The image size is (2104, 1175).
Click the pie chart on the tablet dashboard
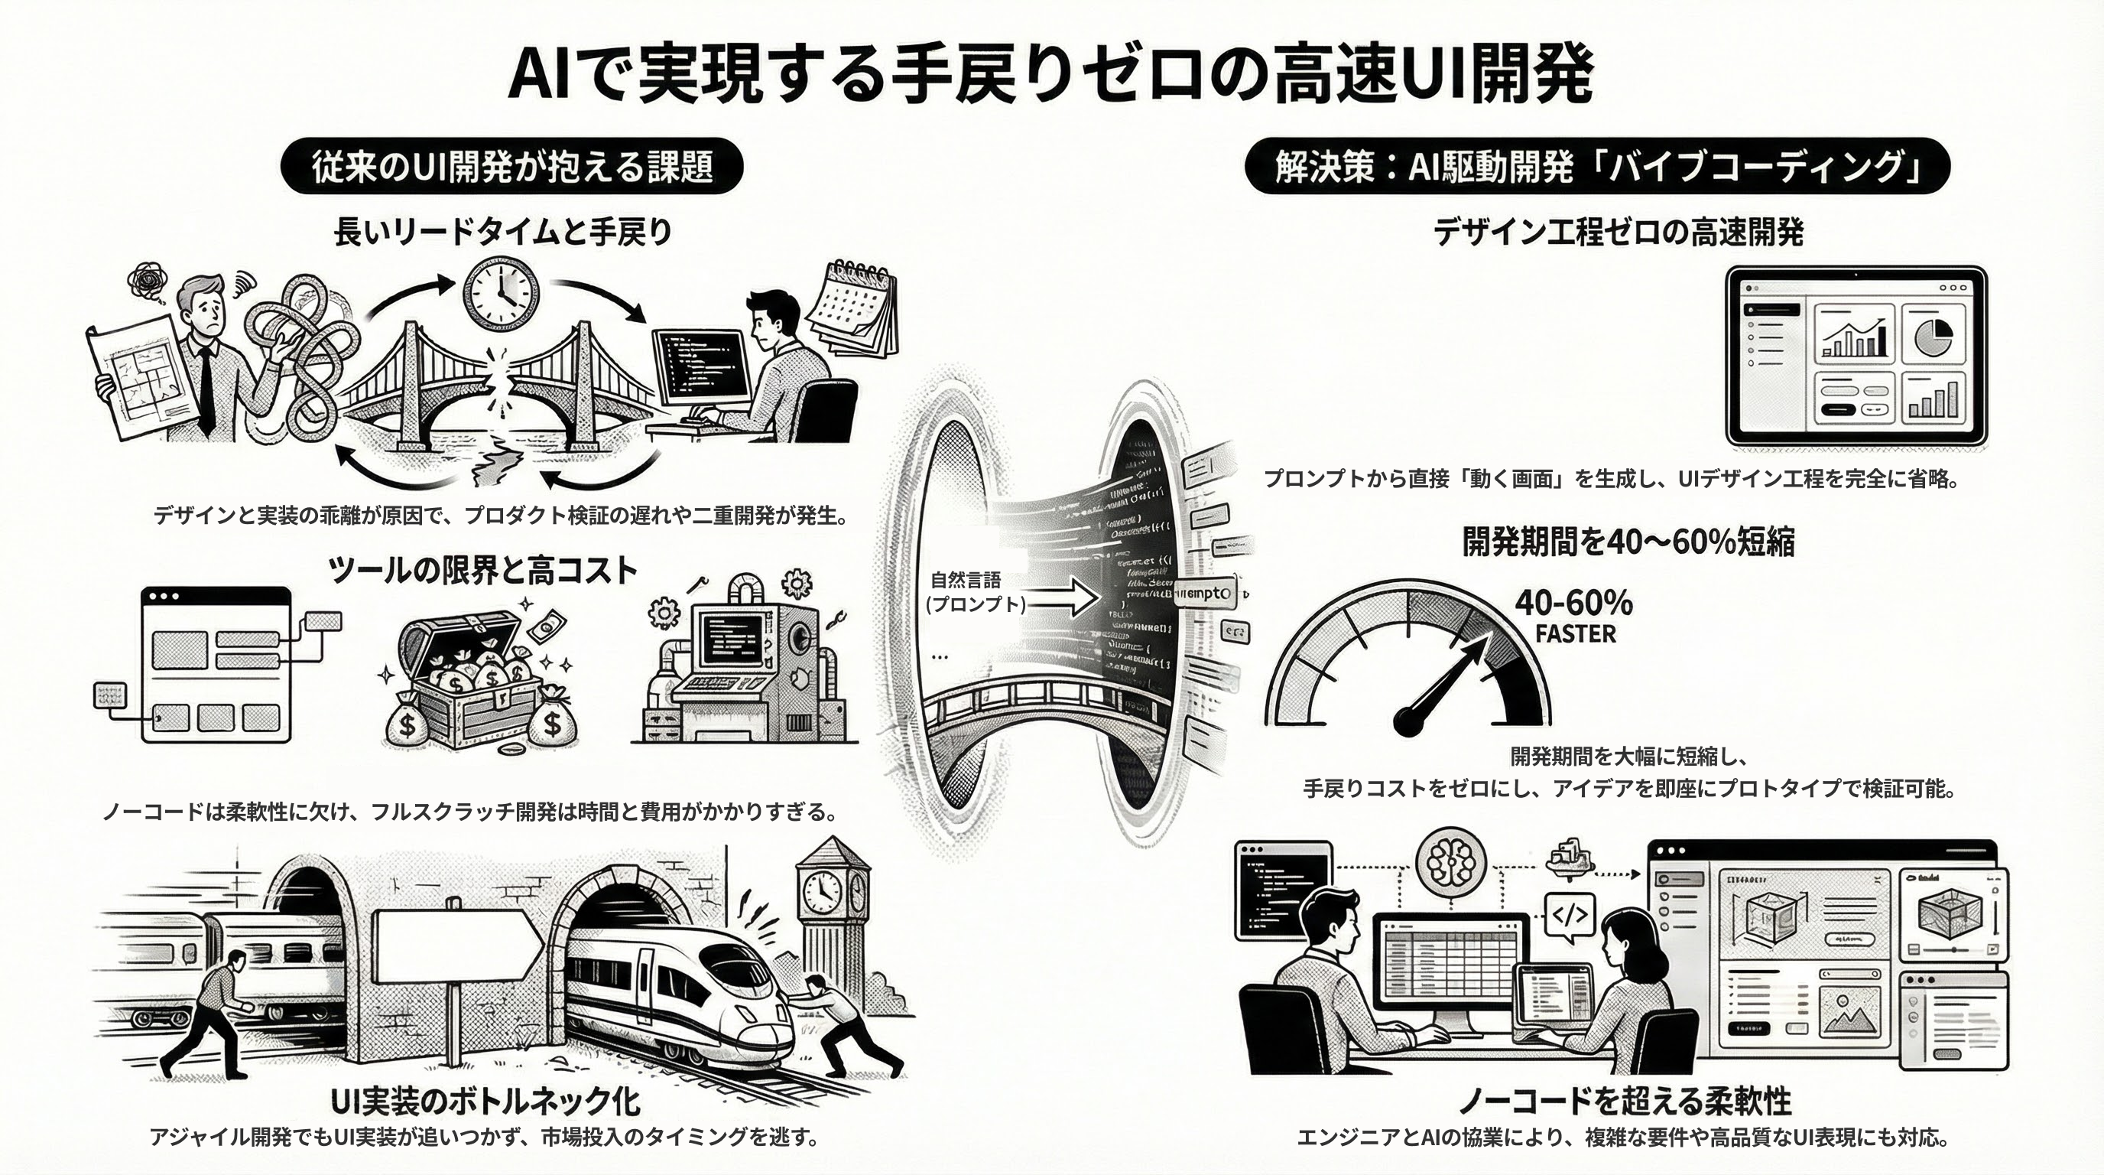[x=1932, y=334]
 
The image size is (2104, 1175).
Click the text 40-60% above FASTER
[x=1573, y=604]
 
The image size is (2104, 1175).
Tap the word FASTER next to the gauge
[x=1575, y=634]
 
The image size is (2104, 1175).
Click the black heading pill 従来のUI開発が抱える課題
[x=511, y=166]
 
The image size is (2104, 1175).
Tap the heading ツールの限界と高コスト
[x=482, y=570]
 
